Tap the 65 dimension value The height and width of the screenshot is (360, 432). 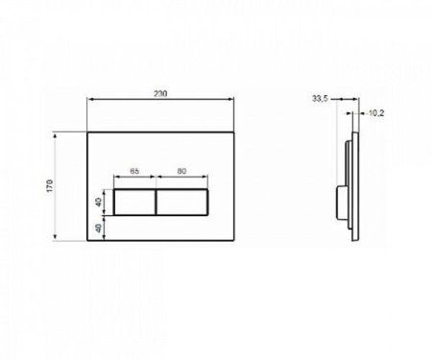click(135, 170)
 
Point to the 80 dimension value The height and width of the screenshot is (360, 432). click(180, 170)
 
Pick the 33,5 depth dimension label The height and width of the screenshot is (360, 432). click(321, 98)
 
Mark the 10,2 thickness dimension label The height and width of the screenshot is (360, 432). click(377, 112)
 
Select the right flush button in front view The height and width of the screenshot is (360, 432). click(180, 204)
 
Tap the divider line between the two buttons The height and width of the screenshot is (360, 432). click(156, 204)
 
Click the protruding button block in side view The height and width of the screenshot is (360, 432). click(341, 204)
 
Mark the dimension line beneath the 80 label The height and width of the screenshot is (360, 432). click(180, 178)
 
